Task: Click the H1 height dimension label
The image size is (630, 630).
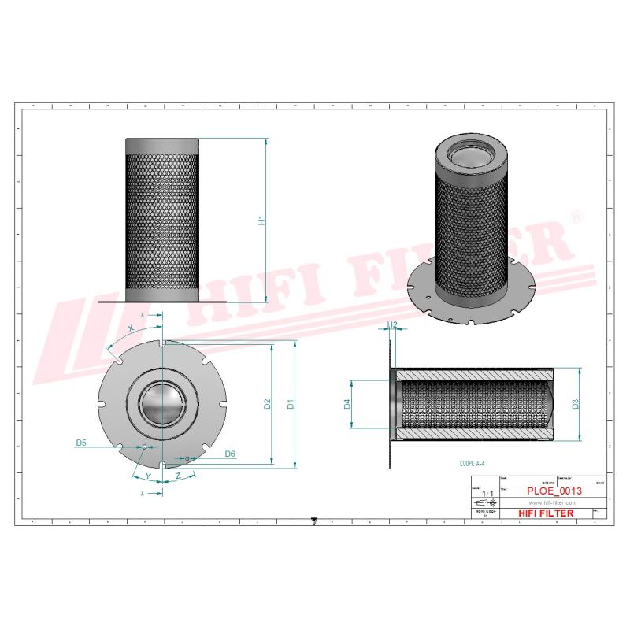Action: tap(262, 221)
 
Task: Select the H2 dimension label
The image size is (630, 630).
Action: tap(391, 324)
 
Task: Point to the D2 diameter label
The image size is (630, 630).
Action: tap(268, 405)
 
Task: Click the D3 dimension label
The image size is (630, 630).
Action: tap(576, 405)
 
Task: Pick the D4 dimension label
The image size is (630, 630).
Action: tap(347, 405)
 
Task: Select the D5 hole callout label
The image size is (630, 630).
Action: tap(81, 443)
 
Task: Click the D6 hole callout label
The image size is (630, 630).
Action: tap(230, 454)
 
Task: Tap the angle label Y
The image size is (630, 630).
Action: tap(148, 476)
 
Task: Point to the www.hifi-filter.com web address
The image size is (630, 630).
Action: tap(551, 502)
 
